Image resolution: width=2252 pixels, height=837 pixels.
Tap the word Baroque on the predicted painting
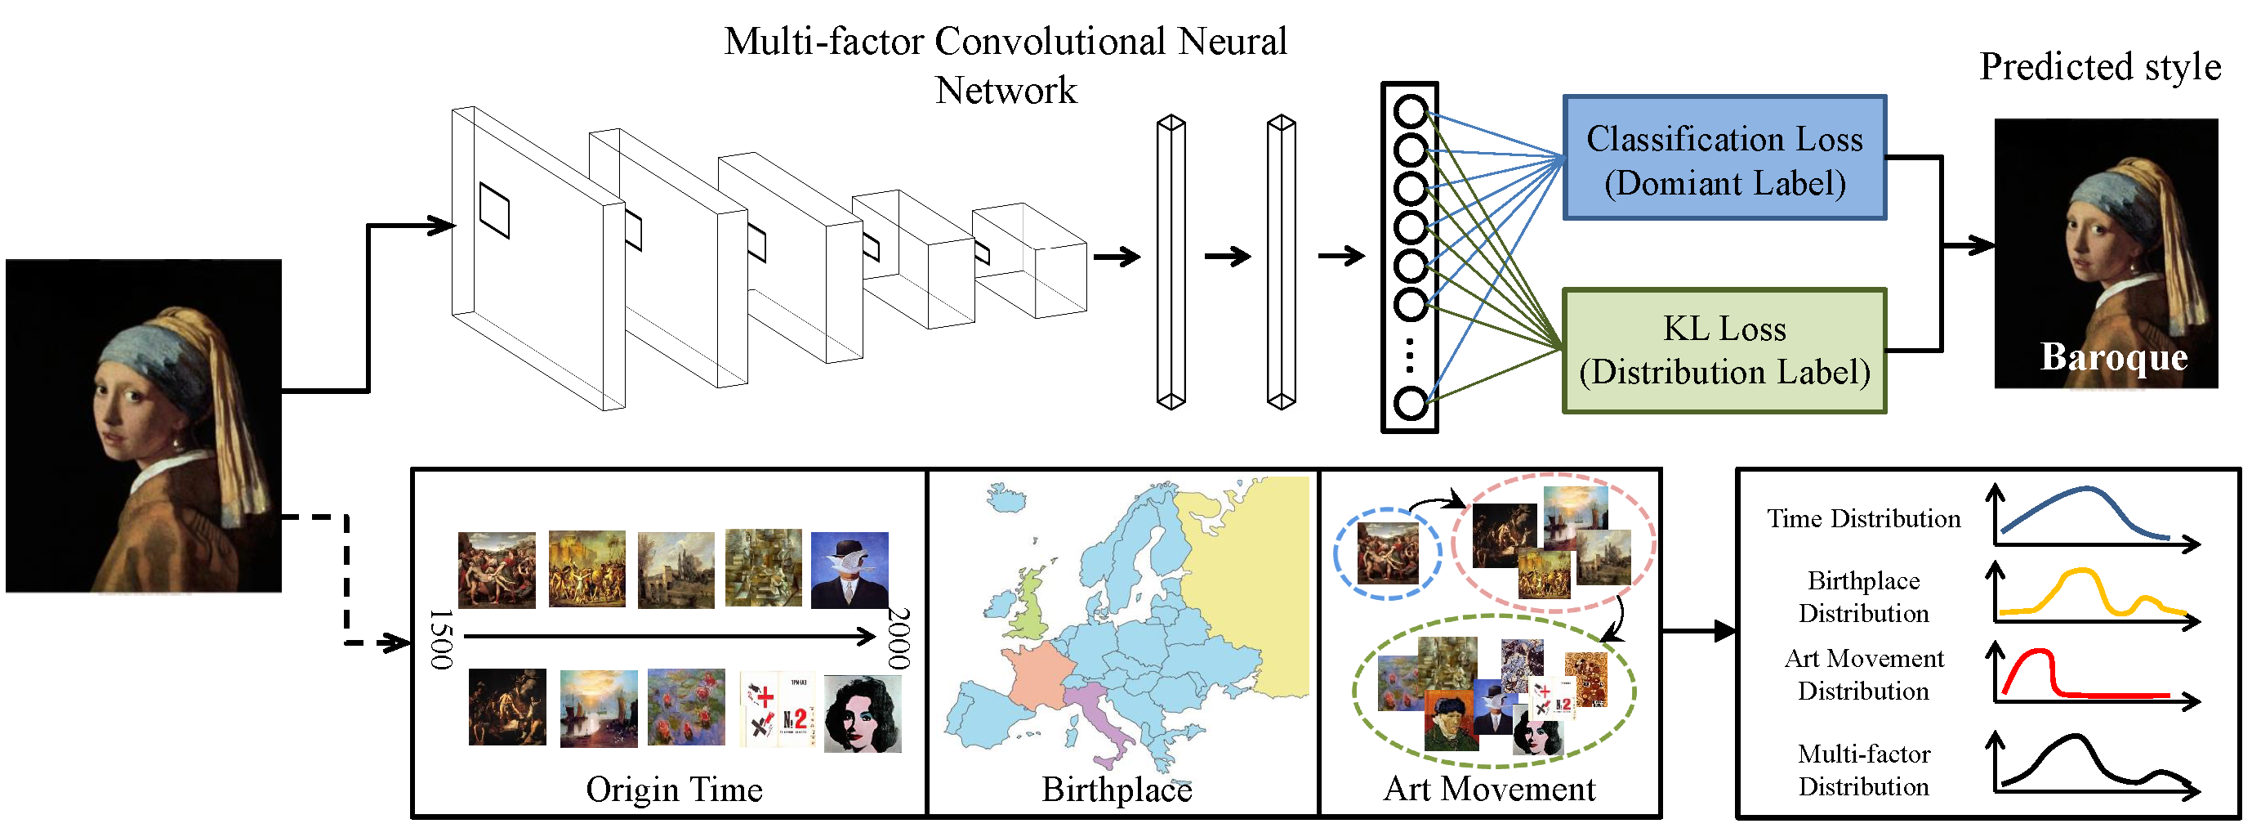coord(2113,357)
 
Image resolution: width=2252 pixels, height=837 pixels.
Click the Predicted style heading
coord(2099,67)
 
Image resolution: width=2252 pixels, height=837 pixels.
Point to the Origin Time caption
coord(673,790)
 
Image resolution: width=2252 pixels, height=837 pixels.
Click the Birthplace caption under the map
coord(1117,790)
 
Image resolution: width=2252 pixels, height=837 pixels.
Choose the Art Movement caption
coord(1489,789)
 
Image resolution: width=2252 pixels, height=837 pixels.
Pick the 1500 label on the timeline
coord(441,639)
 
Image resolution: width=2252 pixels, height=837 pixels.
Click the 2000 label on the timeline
coord(899,638)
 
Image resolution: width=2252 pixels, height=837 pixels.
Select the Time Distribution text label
coord(1863,519)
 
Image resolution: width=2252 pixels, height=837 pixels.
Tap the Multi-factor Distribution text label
coord(1863,770)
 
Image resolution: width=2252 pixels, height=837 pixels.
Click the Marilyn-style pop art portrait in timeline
coord(863,713)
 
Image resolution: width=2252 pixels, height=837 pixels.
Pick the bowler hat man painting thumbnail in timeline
coord(849,570)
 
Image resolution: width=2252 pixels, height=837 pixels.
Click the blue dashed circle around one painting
coord(1336,552)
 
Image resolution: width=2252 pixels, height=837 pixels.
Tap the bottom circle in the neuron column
coord(1409,403)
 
